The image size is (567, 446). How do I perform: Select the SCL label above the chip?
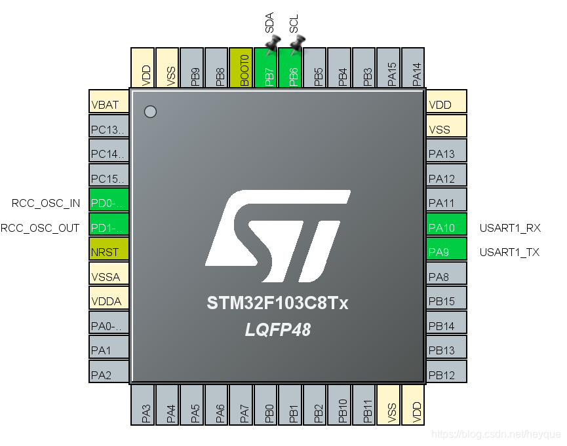pyautogui.click(x=294, y=26)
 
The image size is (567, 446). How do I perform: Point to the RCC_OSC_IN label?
pyautogui.click(x=46, y=203)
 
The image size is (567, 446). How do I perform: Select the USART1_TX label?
pyautogui.click(x=509, y=252)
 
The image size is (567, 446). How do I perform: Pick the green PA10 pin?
pyautogui.click(x=446, y=228)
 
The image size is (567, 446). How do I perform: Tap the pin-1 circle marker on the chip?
pyautogui.click(x=150, y=112)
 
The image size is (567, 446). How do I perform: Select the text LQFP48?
pyautogui.click(x=278, y=330)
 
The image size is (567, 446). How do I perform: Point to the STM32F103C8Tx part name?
pyautogui.click(x=278, y=304)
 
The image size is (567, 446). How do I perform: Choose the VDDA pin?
pyautogui.click(x=109, y=301)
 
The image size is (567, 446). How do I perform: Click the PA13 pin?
pyautogui.click(x=446, y=154)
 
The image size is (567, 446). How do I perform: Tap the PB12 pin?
pyautogui.click(x=446, y=375)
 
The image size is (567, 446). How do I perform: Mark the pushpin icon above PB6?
pyautogui.click(x=297, y=45)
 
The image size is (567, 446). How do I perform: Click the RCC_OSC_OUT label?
pyautogui.click(x=41, y=228)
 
